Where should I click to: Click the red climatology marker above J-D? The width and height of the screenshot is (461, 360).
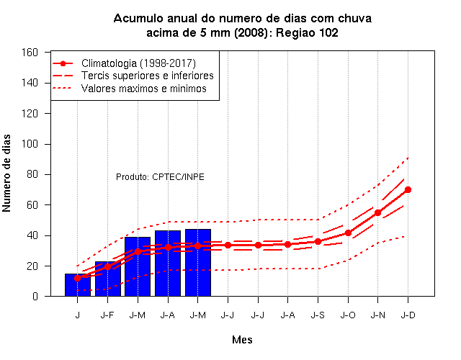click(x=408, y=190)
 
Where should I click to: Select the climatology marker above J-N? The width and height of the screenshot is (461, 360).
click(x=377, y=213)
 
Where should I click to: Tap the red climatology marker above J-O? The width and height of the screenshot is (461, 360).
click(x=348, y=233)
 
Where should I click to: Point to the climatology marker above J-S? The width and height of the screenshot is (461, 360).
click(x=318, y=242)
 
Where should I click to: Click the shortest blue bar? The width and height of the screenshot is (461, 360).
click(x=78, y=285)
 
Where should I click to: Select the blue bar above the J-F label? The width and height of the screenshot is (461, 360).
click(x=107, y=279)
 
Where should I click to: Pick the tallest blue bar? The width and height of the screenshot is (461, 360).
click(x=198, y=262)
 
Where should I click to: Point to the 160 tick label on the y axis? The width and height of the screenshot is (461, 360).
click(x=30, y=53)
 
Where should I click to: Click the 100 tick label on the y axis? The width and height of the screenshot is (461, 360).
click(x=30, y=144)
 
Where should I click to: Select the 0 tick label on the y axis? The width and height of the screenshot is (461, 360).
click(x=35, y=296)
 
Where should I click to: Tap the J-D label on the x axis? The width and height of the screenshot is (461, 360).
click(x=408, y=315)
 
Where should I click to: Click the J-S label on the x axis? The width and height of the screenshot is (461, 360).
click(x=318, y=315)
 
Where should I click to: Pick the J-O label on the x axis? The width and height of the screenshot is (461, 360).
click(x=348, y=315)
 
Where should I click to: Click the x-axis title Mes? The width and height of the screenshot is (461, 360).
click(x=242, y=340)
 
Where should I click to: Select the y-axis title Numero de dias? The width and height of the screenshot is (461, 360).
click(x=6, y=174)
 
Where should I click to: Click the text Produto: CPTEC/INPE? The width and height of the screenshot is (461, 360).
click(x=160, y=177)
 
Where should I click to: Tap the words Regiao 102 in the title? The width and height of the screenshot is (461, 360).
click(x=307, y=32)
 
